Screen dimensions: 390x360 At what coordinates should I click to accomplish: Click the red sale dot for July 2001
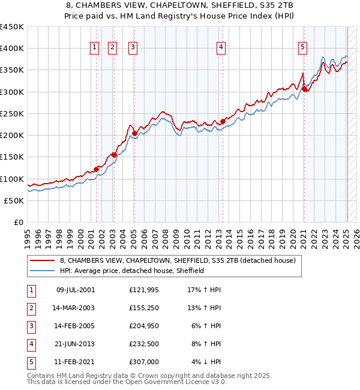pyautogui.click(x=96, y=169)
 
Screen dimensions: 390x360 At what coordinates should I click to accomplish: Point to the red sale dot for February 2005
pyautogui.click(x=134, y=133)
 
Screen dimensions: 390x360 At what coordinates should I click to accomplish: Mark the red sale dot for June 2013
pyautogui.click(x=223, y=121)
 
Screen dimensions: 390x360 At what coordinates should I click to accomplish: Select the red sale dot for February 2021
pyautogui.click(x=304, y=89)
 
